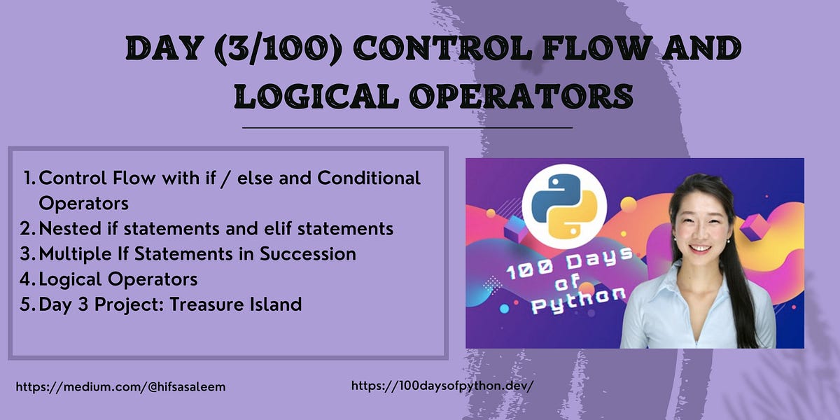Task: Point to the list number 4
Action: (x=27, y=279)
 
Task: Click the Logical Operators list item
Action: (x=118, y=279)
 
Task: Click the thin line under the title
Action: (x=407, y=128)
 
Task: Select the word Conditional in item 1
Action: (x=369, y=178)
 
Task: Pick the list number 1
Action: (x=28, y=178)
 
